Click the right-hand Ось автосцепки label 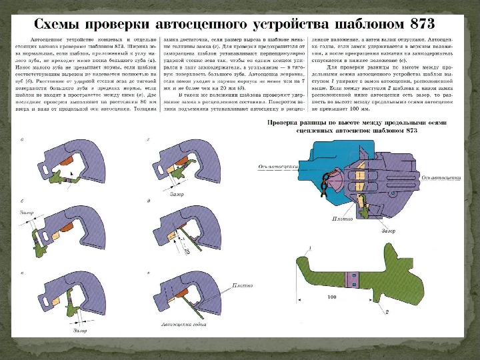(441, 179)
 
